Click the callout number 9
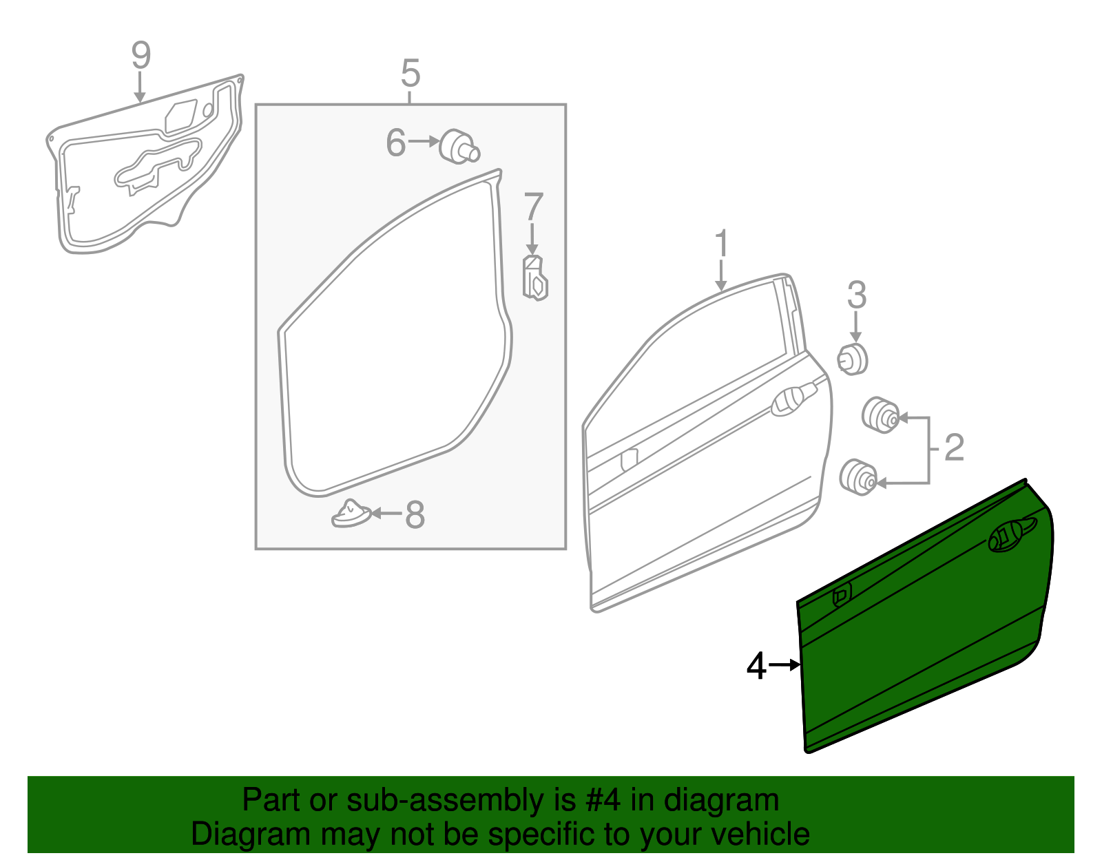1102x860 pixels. click(141, 55)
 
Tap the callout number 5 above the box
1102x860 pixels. click(410, 73)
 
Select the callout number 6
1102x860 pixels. click(395, 143)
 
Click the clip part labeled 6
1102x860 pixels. click(458, 147)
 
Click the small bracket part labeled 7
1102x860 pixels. click(535, 277)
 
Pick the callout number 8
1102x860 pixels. click(415, 514)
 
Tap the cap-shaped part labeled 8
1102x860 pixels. click(351, 514)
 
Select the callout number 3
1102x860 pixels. click(856, 295)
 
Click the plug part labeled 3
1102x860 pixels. click(853, 359)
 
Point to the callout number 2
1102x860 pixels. click(954, 448)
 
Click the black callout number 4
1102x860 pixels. click(756, 667)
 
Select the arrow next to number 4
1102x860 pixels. click(784, 665)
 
